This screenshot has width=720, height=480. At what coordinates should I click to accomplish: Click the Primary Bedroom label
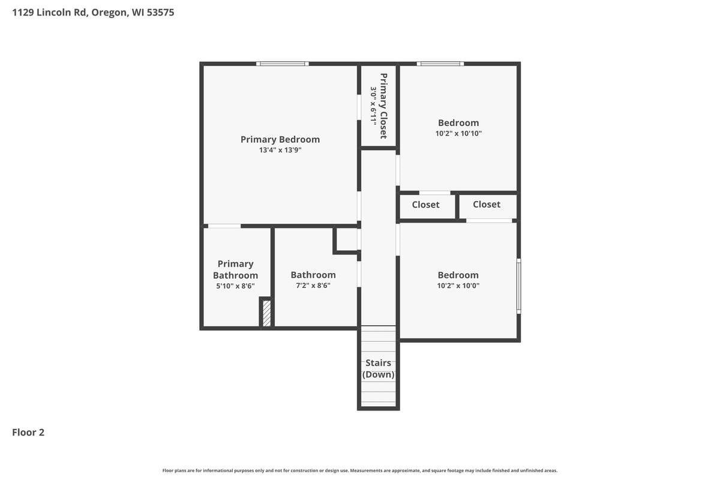click(x=280, y=139)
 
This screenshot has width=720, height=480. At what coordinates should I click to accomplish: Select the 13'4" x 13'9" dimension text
click(x=280, y=151)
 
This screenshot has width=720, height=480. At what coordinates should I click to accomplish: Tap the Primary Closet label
click(x=383, y=106)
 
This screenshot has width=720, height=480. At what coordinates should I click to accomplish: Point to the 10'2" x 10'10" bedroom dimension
click(x=458, y=134)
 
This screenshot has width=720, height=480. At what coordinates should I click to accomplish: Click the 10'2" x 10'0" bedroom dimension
click(x=458, y=286)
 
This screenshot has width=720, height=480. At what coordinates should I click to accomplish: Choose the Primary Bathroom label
click(x=235, y=269)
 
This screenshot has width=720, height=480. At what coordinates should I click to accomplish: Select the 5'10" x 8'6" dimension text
click(x=235, y=286)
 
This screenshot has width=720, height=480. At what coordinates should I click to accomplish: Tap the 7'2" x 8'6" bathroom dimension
click(x=313, y=286)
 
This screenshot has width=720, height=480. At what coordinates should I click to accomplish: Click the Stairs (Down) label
click(x=378, y=368)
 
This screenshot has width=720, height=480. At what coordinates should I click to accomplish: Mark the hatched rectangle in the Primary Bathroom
click(x=266, y=313)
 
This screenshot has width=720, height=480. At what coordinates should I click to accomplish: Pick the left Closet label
click(x=425, y=205)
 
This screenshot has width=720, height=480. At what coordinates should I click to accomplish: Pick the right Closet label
click(x=486, y=205)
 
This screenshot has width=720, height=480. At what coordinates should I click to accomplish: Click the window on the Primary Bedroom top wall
click(x=282, y=64)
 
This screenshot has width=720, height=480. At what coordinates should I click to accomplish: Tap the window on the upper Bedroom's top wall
click(x=440, y=64)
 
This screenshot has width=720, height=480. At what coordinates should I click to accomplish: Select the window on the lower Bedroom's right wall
click(x=519, y=286)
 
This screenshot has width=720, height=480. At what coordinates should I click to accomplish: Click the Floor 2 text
click(x=28, y=432)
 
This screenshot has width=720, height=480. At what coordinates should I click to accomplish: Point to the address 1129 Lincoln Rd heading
click(x=93, y=12)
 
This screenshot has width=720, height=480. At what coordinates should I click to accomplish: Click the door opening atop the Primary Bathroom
click(x=224, y=226)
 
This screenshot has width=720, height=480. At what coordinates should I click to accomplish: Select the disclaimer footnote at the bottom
click(x=360, y=470)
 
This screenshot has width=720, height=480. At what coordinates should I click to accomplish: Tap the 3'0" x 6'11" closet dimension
click(x=373, y=106)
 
